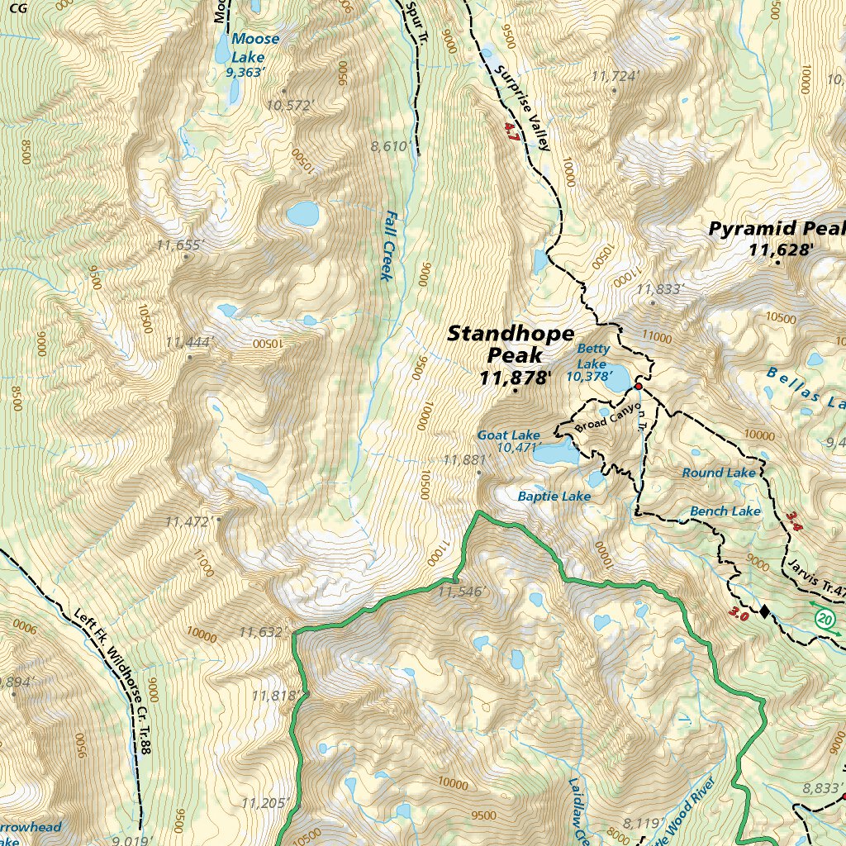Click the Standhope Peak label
point(510,345)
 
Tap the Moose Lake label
point(255,48)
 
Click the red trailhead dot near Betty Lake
point(639,386)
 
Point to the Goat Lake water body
point(554,453)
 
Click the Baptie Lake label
point(554,497)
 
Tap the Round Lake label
point(718,473)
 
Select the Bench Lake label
point(725,511)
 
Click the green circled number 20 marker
point(824,618)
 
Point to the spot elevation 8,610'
point(391,146)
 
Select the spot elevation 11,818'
point(275,696)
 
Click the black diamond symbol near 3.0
point(764,611)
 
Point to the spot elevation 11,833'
point(661,289)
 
